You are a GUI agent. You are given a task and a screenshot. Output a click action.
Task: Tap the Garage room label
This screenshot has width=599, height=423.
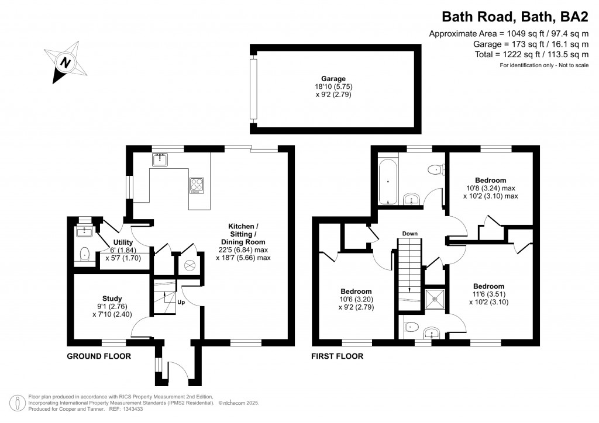[333, 79]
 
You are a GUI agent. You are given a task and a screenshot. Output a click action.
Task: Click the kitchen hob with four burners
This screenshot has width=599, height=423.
[197, 185]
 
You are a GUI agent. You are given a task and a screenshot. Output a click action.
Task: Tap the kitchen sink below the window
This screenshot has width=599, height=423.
[160, 159]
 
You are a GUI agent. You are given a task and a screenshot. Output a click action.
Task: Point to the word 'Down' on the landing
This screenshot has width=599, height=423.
[409, 234]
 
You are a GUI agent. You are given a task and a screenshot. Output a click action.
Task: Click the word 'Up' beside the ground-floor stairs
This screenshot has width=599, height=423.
[181, 303]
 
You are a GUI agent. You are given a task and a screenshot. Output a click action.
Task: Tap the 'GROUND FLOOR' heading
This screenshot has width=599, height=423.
[99, 356]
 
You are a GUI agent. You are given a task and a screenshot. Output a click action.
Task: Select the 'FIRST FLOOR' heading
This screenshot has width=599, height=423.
[338, 356]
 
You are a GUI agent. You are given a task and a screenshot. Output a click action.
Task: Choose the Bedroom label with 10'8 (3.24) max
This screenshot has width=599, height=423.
[490, 181]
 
